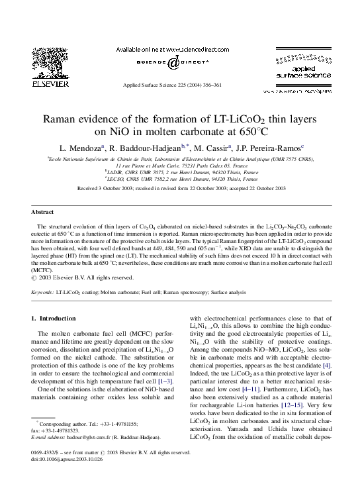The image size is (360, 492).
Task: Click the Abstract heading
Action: click(x=43, y=211)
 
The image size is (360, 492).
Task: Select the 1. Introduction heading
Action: click(x=56, y=319)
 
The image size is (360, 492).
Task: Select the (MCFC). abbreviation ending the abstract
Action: click(x=42, y=270)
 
